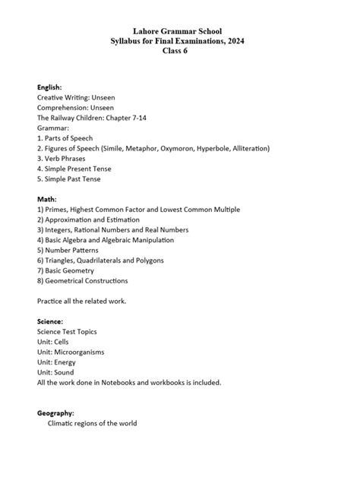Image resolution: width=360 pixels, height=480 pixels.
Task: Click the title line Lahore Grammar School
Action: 179,30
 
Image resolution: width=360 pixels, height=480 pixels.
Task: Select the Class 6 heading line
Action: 179,51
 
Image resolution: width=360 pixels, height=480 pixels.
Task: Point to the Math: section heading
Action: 47,199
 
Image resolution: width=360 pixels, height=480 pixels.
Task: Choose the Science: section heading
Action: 50,321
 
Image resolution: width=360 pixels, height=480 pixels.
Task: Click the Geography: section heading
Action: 55,413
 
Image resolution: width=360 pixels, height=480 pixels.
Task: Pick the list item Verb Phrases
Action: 64,159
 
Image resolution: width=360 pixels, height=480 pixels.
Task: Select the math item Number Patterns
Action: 74,250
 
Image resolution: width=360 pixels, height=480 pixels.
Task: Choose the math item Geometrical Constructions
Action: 87,280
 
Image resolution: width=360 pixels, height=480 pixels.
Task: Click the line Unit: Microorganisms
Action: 71,352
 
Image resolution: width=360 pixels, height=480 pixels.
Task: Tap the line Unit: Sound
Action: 55,372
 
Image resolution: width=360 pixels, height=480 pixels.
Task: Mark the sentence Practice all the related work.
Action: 81,301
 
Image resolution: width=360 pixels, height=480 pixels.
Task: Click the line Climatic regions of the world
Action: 92,423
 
